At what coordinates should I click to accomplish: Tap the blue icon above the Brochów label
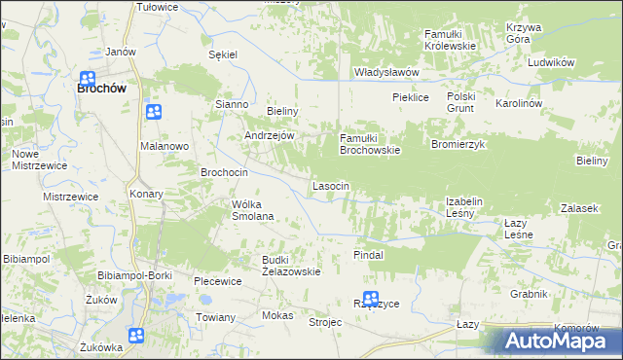click(x=87, y=79)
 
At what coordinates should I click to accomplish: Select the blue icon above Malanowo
click(x=154, y=112)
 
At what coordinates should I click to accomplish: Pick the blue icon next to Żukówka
click(x=135, y=336)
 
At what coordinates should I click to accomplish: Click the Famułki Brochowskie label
click(x=369, y=144)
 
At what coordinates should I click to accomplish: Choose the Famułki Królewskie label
click(x=449, y=40)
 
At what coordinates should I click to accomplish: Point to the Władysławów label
click(x=386, y=72)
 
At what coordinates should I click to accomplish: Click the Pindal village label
click(x=368, y=254)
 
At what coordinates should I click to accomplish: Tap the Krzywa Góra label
click(x=525, y=34)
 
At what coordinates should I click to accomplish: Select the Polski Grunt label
click(x=465, y=102)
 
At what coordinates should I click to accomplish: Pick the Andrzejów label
click(x=269, y=136)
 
